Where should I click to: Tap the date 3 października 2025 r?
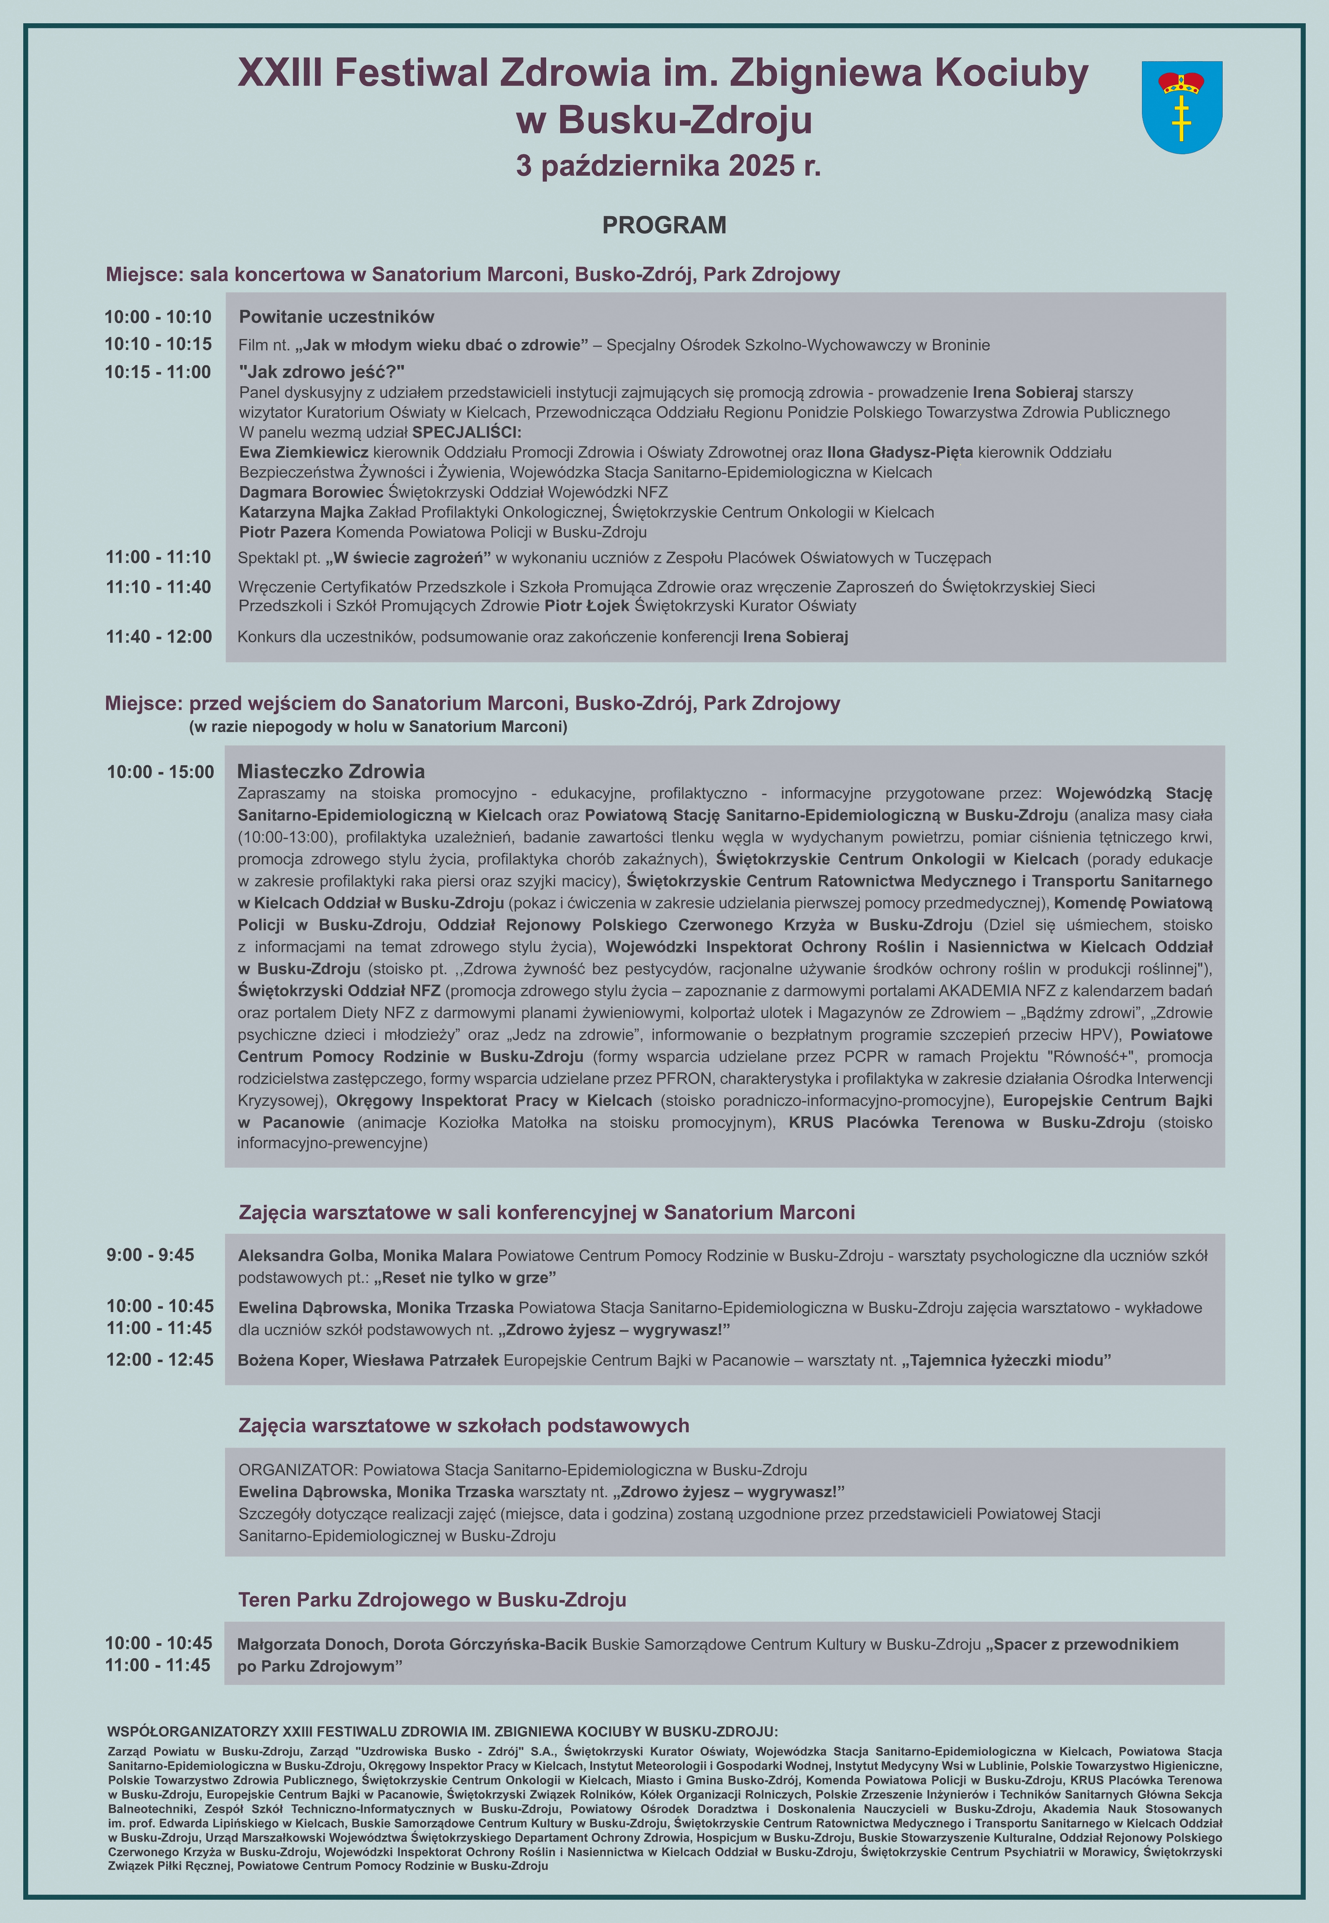point(668,167)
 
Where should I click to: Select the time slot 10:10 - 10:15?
point(158,344)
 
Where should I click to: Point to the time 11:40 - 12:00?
point(159,637)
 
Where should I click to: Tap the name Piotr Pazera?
point(285,532)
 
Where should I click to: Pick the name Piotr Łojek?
point(586,606)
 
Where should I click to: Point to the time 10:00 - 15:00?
point(160,772)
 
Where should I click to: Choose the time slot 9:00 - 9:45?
point(150,1255)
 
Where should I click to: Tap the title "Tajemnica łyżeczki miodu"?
point(1006,1361)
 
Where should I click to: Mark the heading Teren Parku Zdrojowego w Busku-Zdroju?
point(432,1600)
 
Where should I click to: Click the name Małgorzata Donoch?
point(311,1645)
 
